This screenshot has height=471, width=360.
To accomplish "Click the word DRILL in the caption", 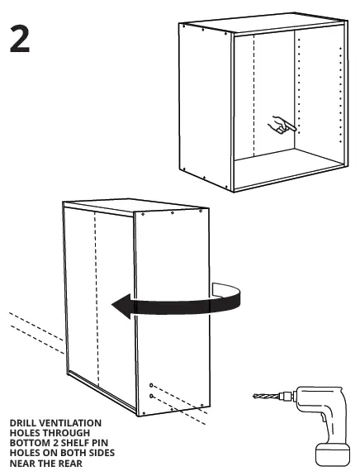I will pyautogui.click(x=23, y=424).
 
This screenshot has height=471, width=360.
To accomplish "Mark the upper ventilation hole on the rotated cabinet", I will pyautogui.click(x=151, y=386).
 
